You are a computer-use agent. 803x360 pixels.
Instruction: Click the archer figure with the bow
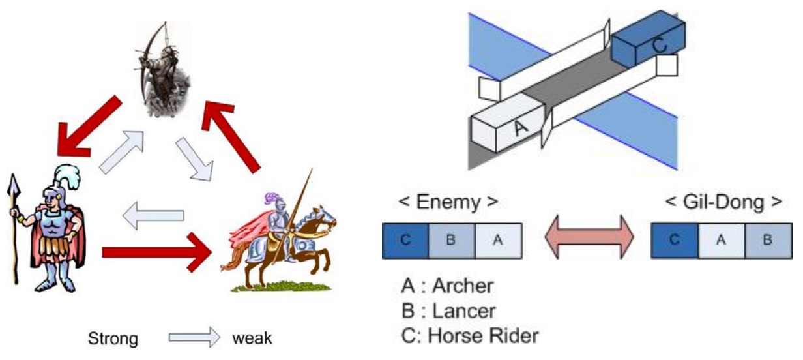tap(163, 70)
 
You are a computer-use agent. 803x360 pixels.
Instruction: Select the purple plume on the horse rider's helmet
tap(271, 198)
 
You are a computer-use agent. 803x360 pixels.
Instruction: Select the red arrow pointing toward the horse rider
tap(156, 252)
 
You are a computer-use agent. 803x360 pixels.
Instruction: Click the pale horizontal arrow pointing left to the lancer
tap(153, 215)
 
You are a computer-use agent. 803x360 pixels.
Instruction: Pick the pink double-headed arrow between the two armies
tap(589, 237)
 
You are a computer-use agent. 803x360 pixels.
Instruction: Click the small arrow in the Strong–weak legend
tap(194, 337)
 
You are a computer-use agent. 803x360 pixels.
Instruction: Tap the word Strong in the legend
tap(113, 338)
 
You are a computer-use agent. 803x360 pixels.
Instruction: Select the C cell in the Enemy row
tap(405, 241)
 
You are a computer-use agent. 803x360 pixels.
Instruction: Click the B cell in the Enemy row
tap(452, 241)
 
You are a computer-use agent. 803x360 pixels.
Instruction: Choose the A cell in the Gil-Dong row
tap(722, 241)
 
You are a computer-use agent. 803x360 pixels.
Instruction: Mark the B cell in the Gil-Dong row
tap(768, 241)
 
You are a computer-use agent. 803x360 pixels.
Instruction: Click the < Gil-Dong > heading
tap(723, 202)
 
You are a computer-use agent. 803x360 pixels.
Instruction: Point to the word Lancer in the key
tap(464, 311)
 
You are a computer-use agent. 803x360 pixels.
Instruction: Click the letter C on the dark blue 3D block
tap(659, 46)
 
